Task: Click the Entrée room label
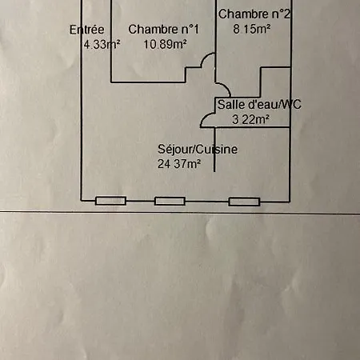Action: [87, 30]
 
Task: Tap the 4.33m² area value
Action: [102, 44]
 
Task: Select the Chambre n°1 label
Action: [163, 30]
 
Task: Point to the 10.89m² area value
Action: [165, 44]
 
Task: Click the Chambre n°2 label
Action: [254, 14]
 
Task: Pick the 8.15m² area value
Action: [252, 29]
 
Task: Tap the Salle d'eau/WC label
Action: [259, 104]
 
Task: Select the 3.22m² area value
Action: [250, 119]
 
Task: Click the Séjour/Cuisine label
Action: [198, 150]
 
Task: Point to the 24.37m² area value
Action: [179, 164]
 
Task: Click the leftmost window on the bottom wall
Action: [110, 201]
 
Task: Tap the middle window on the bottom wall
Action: [170, 201]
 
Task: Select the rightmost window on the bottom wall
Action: [244, 202]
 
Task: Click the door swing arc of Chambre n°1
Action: [205, 58]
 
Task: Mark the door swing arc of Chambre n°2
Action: [226, 86]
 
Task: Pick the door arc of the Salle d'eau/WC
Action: [205, 117]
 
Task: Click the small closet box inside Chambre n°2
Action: [275, 82]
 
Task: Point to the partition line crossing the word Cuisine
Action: [214, 150]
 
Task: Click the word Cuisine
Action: [218, 150]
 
